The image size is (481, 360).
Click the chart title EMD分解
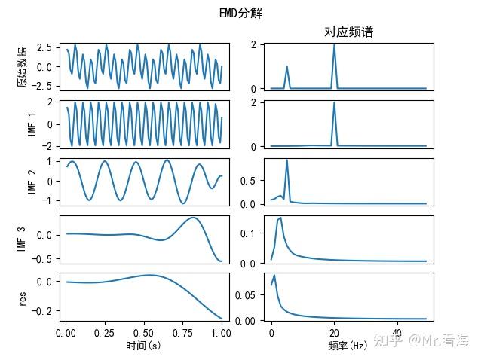point(240,14)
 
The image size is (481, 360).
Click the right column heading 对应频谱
point(348,32)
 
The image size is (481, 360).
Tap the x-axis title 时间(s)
point(144,346)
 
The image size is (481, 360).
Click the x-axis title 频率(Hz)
point(348,346)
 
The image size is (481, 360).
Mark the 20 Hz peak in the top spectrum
point(334,45)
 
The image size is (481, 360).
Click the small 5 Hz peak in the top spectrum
point(286,67)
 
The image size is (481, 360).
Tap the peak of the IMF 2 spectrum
point(286,160)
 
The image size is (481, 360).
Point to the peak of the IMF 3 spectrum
point(280,218)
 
